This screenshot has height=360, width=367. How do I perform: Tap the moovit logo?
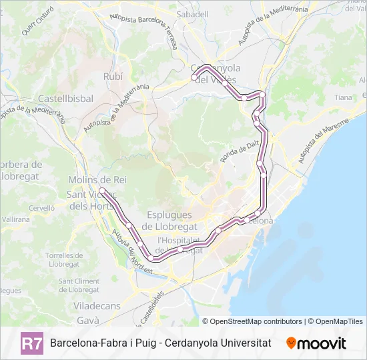[316, 343]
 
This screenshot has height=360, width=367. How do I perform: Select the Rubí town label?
[113, 77]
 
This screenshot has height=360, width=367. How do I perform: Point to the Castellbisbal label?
[65, 98]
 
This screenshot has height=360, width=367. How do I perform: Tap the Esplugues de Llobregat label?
[167, 220]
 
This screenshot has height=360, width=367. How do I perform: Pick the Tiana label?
[343, 97]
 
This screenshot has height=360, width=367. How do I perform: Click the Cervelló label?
[41, 208]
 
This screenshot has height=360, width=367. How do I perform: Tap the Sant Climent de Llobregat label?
[79, 285]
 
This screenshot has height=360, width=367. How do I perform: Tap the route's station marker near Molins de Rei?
[101, 191]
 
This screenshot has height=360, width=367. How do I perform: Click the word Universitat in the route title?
[244, 343]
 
